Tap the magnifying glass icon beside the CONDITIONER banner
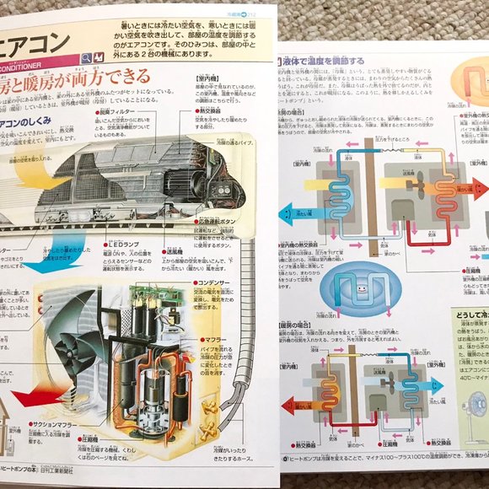coord(86,58)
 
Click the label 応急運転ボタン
coord(222,220)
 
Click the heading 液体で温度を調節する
coord(325,61)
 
